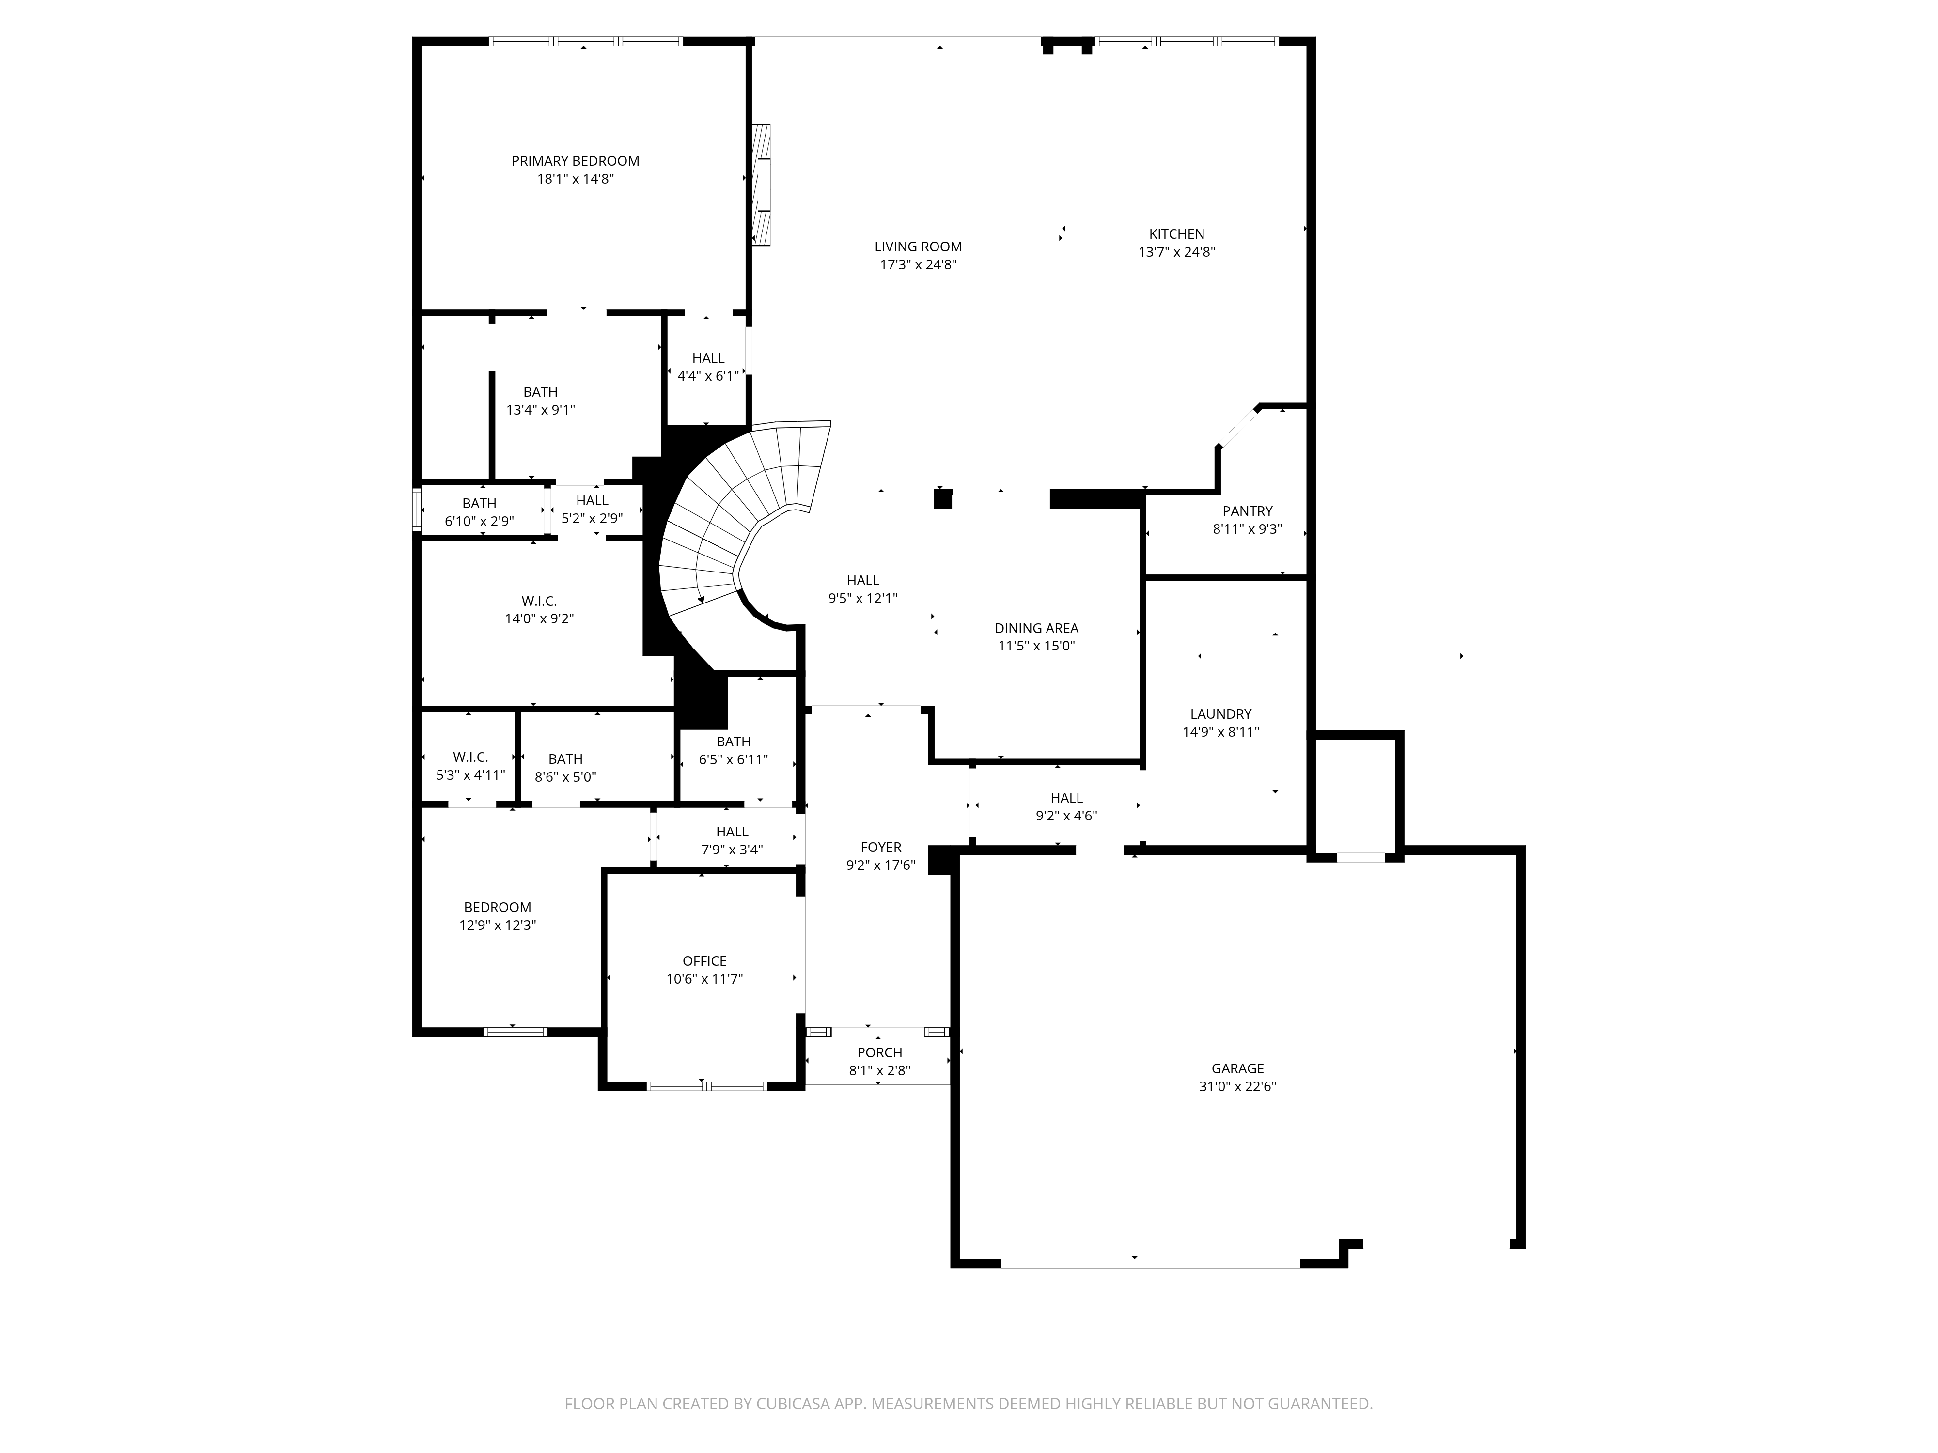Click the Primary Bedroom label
(x=576, y=161)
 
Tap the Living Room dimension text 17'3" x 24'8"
(x=918, y=264)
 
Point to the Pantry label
(x=1248, y=511)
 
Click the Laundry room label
(x=1220, y=715)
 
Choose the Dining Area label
(x=1036, y=629)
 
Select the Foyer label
(x=880, y=848)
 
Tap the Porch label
(x=880, y=1053)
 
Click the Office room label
(x=704, y=962)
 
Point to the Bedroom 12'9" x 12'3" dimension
(x=498, y=926)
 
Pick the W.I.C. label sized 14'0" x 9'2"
(x=539, y=602)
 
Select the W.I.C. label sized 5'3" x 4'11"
(x=470, y=757)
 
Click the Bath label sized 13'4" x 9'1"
(x=541, y=392)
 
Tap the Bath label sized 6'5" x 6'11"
(x=734, y=742)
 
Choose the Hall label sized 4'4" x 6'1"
(x=708, y=358)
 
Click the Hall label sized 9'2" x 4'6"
(x=1066, y=798)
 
